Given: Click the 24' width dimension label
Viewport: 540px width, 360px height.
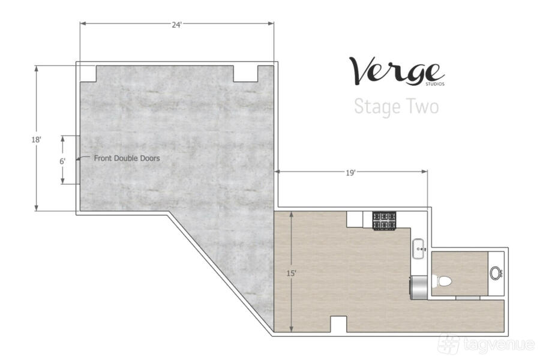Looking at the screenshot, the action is [176, 25].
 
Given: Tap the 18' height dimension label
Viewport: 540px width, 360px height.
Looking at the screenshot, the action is [36, 140].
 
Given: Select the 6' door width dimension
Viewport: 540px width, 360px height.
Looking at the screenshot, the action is [62, 161].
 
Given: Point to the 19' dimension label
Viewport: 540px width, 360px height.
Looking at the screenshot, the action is [350, 173].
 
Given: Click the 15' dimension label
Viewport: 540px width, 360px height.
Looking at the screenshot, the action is [292, 273].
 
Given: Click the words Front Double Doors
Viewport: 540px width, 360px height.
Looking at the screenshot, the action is [127, 158].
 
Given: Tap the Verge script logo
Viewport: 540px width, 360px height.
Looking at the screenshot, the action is [396, 71].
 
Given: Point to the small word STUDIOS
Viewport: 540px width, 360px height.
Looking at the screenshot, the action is [435, 84].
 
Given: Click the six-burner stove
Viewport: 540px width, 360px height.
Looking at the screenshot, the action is [385, 220].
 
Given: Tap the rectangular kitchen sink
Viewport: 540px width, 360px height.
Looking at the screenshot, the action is [419, 248].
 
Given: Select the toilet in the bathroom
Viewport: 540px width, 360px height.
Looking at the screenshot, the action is [443, 281].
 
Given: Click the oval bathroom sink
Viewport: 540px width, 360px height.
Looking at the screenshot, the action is [496, 273].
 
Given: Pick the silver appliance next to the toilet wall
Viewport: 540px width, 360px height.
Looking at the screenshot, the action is [418, 287].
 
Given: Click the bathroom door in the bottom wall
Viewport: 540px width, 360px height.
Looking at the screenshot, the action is [467, 298].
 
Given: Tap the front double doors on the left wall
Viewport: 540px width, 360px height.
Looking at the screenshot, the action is [78, 160].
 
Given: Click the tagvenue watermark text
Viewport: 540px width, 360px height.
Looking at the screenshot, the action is [499, 344].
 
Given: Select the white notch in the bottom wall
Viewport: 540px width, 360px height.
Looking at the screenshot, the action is [338, 324].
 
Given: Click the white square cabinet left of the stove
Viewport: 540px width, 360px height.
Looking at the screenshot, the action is [355, 219].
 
